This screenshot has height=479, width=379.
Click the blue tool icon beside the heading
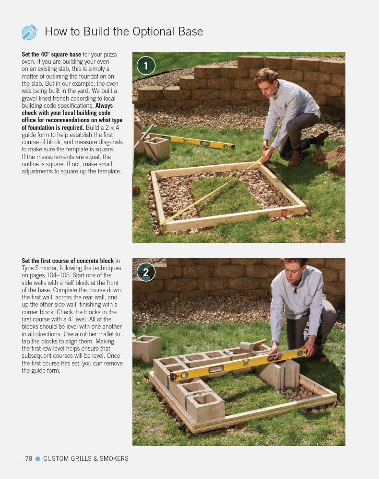pyautogui.click(x=29, y=32)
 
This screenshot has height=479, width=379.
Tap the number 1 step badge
pyautogui.click(x=146, y=66)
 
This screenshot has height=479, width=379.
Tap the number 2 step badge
pyautogui.click(x=146, y=272)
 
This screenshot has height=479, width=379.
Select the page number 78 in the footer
pyautogui.click(x=29, y=458)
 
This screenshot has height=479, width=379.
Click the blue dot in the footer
pyautogui.click(x=38, y=458)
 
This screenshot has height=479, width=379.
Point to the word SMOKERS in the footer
pyautogui.click(x=114, y=458)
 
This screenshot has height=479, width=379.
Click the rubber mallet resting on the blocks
pyautogui.click(x=252, y=345)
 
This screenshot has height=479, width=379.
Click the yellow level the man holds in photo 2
pyautogui.click(x=238, y=365)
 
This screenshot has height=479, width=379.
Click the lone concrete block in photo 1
pyautogui.click(x=156, y=148)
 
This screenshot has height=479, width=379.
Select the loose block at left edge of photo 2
pyautogui.click(x=146, y=348)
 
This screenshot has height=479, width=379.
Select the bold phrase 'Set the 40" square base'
pyautogui.click(x=51, y=55)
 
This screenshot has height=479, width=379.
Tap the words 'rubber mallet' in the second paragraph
pyautogui.click(x=96, y=334)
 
